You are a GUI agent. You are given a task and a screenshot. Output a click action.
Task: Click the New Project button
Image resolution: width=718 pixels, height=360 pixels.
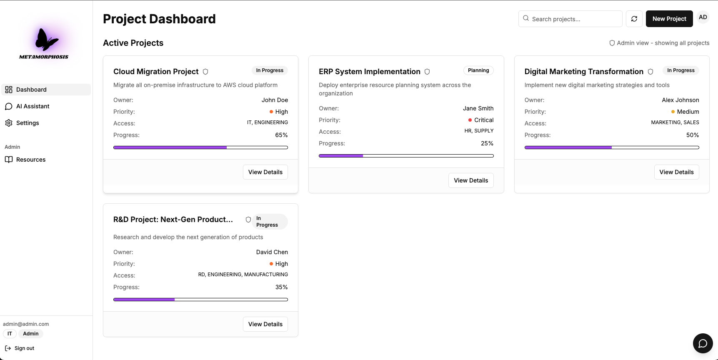tap(669, 19)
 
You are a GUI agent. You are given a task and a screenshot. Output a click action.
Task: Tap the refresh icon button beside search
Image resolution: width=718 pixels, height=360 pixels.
tap(634, 19)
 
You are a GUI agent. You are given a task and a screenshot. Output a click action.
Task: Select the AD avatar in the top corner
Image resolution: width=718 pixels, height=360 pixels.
tap(703, 17)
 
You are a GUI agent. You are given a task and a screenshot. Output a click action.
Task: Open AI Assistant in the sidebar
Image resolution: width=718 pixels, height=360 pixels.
tap(33, 106)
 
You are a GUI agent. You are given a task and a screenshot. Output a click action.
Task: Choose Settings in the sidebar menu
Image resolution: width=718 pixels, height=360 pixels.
tap(28, 123)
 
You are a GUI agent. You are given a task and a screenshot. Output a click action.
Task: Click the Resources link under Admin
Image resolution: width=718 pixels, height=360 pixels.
tap(30, 160)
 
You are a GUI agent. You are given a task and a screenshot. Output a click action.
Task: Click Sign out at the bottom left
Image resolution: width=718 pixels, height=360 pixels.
tap(24, 348)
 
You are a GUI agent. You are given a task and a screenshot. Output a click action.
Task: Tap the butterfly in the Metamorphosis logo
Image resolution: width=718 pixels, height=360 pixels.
tap(46, 40)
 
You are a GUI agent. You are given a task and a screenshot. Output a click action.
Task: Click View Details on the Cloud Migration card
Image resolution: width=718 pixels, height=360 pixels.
tap(265, 172)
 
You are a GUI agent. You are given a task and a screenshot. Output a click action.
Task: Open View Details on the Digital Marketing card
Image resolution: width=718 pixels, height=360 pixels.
tap(676, 172)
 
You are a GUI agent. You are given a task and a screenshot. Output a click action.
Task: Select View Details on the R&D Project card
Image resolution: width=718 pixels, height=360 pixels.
tap(265, 324)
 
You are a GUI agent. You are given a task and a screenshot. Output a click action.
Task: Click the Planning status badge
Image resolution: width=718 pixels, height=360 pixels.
tap(478, 70)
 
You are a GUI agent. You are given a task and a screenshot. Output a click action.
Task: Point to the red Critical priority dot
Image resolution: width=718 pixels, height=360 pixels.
tap(470, 120)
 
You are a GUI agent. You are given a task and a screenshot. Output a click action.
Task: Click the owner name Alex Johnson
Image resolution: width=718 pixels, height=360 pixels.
tap(680, 100)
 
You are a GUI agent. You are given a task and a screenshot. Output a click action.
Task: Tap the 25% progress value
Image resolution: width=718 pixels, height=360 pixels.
tap(487, 143)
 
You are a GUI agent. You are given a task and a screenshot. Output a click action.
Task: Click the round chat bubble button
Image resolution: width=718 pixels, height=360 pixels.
tap(703, 343)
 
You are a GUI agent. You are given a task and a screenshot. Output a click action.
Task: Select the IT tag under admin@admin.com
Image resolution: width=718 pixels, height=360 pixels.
tap(10, 334)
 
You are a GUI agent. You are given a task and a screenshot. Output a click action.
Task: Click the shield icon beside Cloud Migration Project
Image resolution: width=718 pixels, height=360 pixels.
tap(205, 72)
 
